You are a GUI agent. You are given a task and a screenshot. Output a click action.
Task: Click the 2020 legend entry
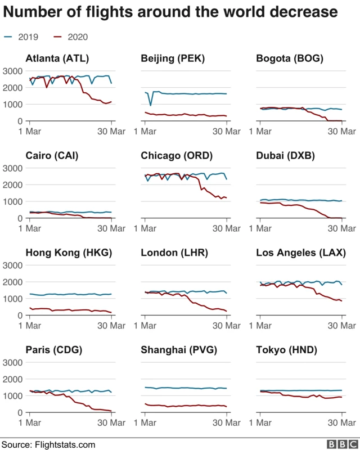coord(70,37)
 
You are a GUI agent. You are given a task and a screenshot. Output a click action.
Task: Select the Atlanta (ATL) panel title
coord(57,58)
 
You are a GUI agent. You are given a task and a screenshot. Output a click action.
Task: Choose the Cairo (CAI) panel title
coord(51,156)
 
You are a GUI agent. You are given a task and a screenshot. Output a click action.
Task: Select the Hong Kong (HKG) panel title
coord(69,253)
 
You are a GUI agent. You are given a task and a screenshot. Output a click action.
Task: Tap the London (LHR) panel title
coord(174,253)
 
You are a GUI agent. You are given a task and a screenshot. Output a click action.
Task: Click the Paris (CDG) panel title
coord(54,350)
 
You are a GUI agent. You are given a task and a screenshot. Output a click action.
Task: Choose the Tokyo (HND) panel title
coord(286,350)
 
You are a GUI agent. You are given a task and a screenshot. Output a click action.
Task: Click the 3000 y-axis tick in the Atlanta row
coord(12,71)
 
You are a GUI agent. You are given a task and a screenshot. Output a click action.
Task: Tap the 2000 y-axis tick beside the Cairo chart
coord(12,184)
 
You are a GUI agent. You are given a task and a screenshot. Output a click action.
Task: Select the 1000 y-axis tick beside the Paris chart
coord(12,395)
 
